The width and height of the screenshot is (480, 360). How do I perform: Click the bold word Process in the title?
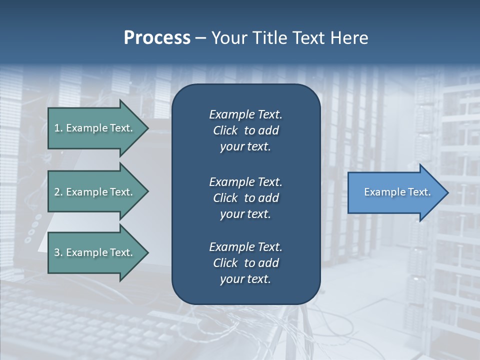tap(157, 38)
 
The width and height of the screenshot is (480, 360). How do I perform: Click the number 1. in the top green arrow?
tap(58, 128)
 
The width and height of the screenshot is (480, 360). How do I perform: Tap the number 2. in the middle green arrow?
tap(58, 192)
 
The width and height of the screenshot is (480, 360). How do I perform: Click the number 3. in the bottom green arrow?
tap(58, 252)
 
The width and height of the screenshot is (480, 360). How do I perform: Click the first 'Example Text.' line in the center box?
tap(245, 114)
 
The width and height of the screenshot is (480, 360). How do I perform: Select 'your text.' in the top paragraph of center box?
tap(245, 146)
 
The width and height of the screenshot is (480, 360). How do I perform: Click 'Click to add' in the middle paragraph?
tap(245, 198)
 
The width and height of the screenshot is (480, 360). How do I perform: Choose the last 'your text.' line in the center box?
tap(245, 279)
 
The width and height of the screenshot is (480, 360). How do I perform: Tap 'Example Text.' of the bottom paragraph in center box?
tap(245, 247)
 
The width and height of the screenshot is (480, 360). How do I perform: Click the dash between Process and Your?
tap(200, 38)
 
